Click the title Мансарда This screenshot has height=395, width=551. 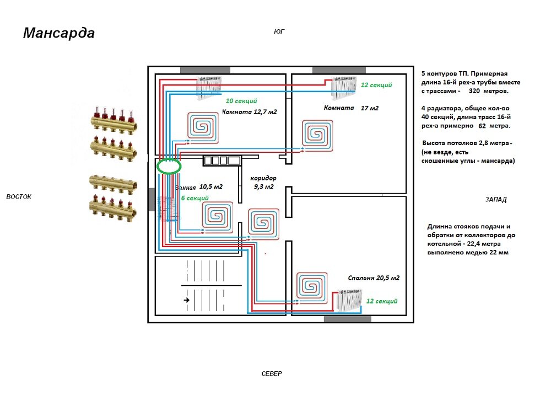point(59,34)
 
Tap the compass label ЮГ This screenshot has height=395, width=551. point(279,31)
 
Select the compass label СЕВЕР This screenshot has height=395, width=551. point(271,373)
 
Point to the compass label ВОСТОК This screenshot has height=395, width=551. point(19,196)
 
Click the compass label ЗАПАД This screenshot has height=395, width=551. point(496,200)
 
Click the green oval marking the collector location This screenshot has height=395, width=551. point(169,166)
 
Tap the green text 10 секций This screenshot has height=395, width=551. point(241,101)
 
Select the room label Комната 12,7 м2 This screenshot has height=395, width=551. point(249,112)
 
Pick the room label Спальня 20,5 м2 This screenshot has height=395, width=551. point(374,278)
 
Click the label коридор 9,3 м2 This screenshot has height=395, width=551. point(263,183)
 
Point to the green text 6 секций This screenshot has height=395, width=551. point(195,198)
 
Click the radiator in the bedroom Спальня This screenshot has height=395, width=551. point(348,300)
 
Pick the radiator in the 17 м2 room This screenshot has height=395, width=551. point(343,86)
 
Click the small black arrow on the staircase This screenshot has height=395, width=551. point(187,300)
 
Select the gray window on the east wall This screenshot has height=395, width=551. point(152,199)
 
